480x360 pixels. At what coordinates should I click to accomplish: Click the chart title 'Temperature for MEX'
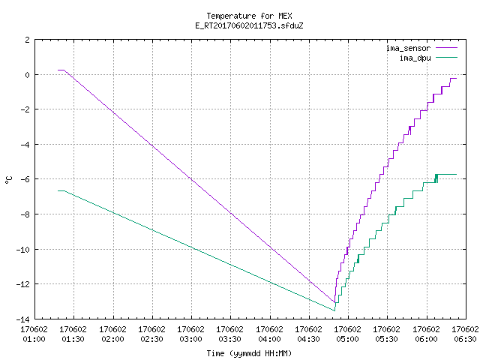coord(249,16)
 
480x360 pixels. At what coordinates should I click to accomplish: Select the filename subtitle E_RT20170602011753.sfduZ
coord(249,25)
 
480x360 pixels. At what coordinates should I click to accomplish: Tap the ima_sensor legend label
coord(408,48)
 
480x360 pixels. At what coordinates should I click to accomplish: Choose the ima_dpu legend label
coord(415,58)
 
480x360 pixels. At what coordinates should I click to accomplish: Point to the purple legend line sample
coord(447,48)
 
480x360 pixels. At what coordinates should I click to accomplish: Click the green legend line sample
coord(447,57)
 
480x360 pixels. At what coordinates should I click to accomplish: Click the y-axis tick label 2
coord(28,40)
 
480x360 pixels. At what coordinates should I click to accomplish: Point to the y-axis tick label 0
coord(28,75)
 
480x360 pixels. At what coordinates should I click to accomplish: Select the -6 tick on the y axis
coord(25,179)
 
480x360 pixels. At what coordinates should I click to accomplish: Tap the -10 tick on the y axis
coord(23,250)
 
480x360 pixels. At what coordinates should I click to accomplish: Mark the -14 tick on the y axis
coord(23,319)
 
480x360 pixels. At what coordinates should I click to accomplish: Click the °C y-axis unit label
coord(8,180)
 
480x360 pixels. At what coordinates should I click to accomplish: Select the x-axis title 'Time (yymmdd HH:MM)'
coord(249,353)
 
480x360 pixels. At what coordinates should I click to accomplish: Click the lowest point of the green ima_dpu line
coord(334,310)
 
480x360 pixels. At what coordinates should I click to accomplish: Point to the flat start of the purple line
coord(61,70)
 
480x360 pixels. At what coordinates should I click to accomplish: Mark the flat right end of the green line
coord(447,175)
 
